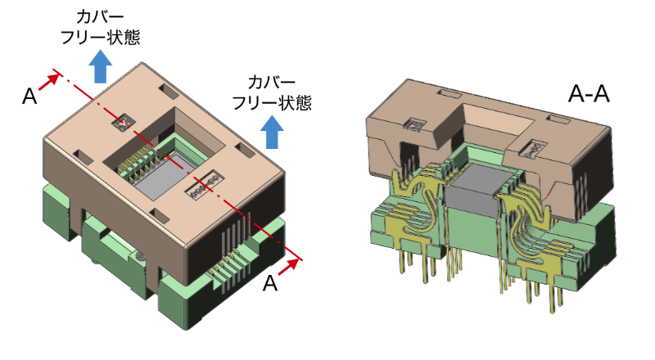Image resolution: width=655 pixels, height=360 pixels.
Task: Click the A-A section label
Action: point(589,95)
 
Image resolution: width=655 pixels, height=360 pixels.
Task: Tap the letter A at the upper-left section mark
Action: point(29,97)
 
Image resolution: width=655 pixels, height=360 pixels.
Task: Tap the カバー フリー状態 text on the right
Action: point(271,92)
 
